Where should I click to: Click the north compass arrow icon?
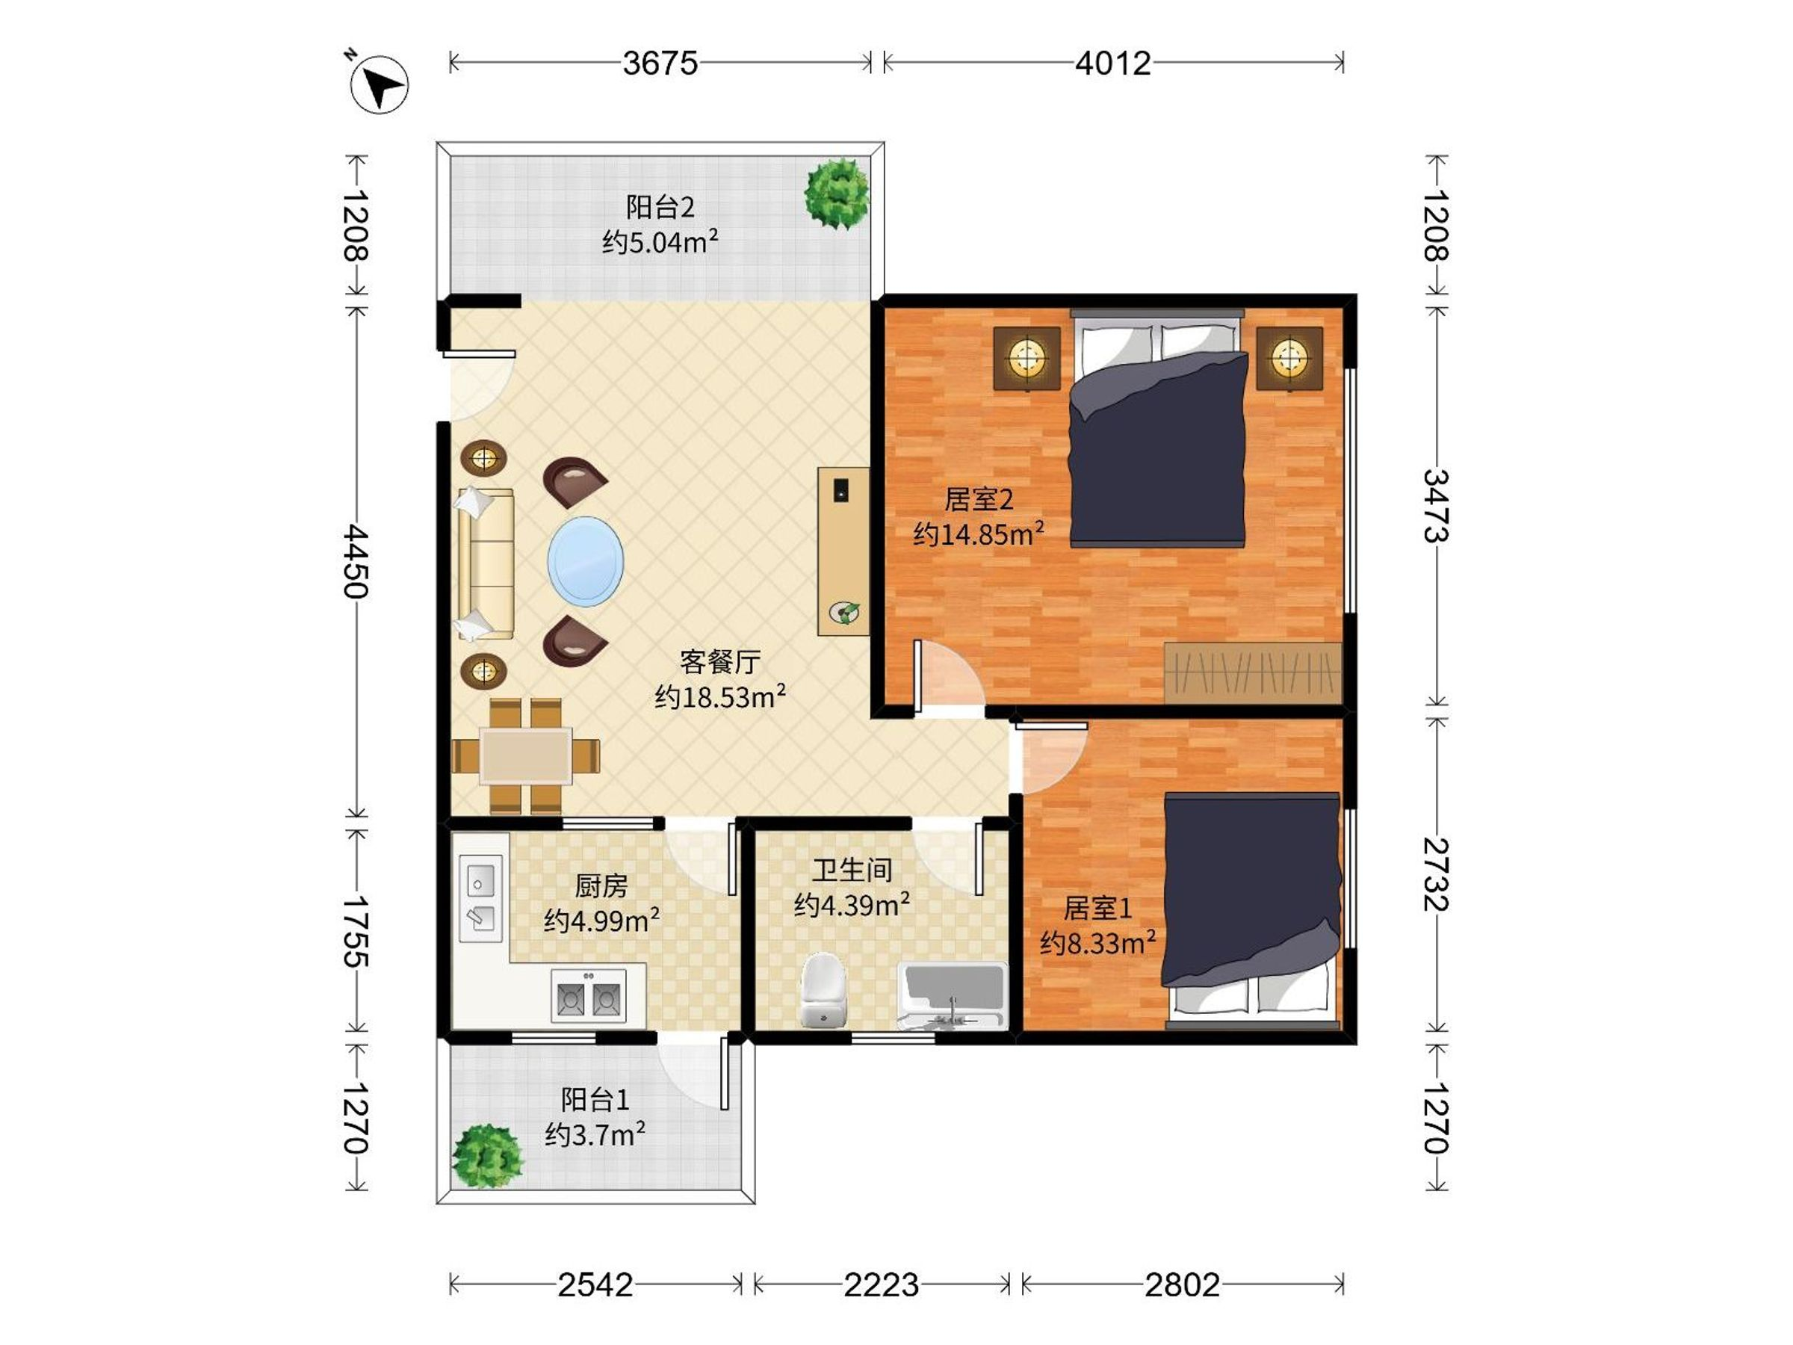pos(379,84)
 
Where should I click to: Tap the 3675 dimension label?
pos(660,64)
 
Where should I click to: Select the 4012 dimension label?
pos(1113,64)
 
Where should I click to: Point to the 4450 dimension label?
pos(356,561)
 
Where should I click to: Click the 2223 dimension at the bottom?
pos(881,1284)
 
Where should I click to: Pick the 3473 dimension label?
pos(1437,505)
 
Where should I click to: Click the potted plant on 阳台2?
pos(837,194)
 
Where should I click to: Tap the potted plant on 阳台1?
pos(486,1155)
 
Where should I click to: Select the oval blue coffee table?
pos(586,561)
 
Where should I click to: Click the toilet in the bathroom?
pos(823,989)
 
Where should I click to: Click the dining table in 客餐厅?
pos(526,756)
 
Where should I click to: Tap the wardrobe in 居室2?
pos(1253,672)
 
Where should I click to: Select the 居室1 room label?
pos(1097,908)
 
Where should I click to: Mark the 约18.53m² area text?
pos(719,696)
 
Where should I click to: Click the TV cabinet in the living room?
pos(843,551)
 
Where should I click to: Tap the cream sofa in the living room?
pos(486,563)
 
